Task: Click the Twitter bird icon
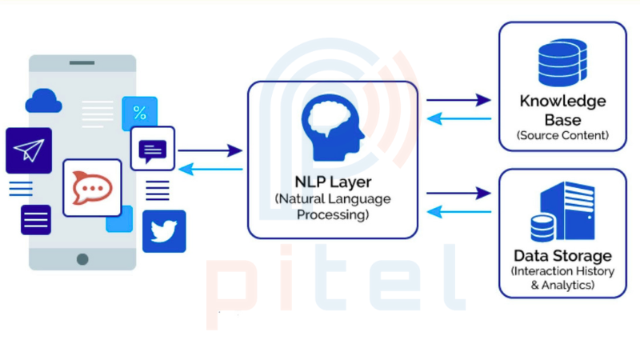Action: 164,231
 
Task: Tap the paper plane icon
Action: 29,150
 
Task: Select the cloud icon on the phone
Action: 43,101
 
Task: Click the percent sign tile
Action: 139,113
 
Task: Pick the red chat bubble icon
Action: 92,187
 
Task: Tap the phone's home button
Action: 82,259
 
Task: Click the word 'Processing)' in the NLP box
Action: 332,215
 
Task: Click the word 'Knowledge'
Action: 562,102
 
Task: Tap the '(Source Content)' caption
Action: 562,135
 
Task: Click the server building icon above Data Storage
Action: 562,211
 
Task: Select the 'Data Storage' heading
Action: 562,256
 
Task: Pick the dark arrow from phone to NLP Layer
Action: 210,150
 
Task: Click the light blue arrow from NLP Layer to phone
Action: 210,169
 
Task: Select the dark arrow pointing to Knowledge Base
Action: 458,100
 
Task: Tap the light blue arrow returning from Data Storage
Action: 458,211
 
